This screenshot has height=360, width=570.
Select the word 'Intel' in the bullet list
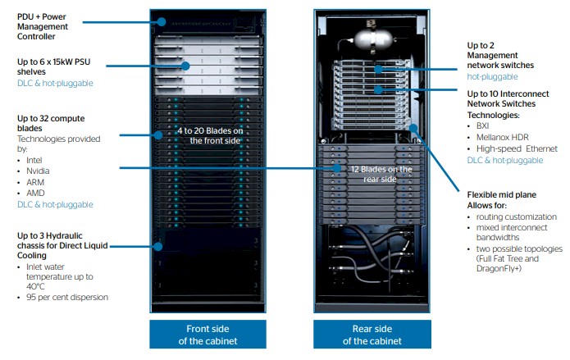click(34, 161)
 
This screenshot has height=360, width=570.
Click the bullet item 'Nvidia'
click(36, 171)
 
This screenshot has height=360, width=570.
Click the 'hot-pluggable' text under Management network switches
click(492, 76)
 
